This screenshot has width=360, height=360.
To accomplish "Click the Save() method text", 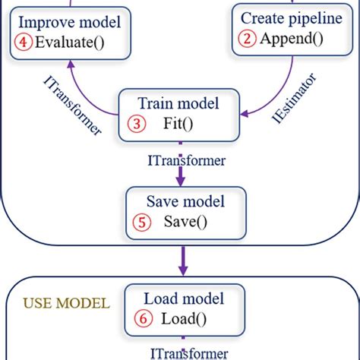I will pos(185,223).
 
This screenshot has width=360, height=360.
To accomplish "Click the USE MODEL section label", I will pos(66,303).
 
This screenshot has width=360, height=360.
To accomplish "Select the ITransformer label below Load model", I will pos(190,353).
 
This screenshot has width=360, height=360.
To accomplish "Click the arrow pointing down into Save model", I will pos(180,177).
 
